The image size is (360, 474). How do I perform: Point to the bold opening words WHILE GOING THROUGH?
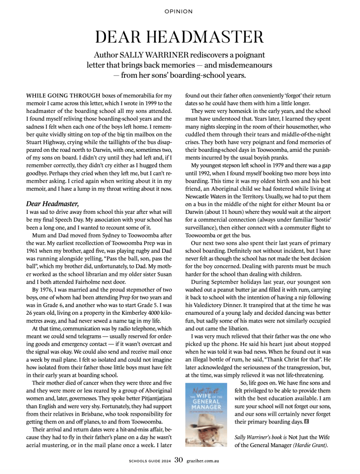tap(58, 96)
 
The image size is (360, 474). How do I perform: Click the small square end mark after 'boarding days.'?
tap(306, 423)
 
